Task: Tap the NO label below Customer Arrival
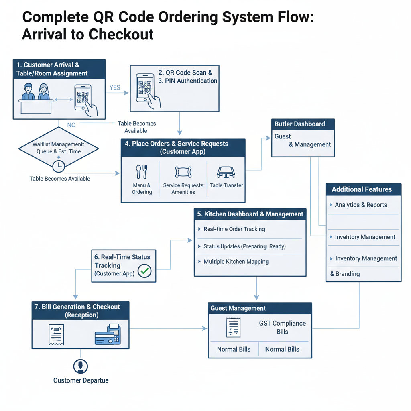[71, 125]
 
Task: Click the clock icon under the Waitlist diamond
[59, 166]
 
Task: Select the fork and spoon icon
[142, 172]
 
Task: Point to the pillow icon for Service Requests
[183, 172]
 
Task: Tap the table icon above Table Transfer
[226, 172]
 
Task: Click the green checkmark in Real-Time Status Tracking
[144, 271]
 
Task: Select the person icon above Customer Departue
[81, 366]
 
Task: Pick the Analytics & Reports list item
[361, 205]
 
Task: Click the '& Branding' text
[345, 274]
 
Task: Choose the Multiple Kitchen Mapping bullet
[236, 262]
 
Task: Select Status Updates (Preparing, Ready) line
[244, 246]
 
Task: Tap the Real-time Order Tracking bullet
[234, 229]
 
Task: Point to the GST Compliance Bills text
[282, 328]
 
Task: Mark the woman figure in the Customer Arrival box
[43, 92]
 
